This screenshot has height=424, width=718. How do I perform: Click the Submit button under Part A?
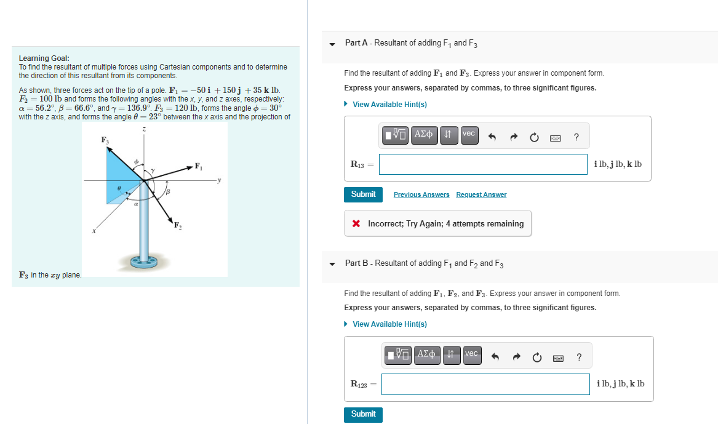pos(363,194)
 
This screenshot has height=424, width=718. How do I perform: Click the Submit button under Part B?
pos(363,414)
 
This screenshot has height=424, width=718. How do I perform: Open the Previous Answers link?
pos(421,195)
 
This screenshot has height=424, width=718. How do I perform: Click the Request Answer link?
pos(481,195)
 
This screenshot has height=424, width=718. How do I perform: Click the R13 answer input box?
pos(483,164)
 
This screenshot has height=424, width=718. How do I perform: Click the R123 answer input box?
pos(485,384)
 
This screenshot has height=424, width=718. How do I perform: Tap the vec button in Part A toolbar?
pos(469,134)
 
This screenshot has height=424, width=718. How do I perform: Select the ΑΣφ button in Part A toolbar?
pos(424,134)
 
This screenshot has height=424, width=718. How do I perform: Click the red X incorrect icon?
pos(356,224)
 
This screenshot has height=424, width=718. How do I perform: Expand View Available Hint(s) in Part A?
pos(389,105)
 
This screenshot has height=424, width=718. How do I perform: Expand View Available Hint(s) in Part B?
pos(389,324)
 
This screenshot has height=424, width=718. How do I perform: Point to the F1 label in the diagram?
pos(198,166)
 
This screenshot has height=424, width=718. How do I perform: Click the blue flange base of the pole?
pos(143,263)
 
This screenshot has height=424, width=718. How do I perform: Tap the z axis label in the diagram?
pos(143,130)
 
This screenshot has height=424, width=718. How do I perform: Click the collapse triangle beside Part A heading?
pos(332,44)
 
